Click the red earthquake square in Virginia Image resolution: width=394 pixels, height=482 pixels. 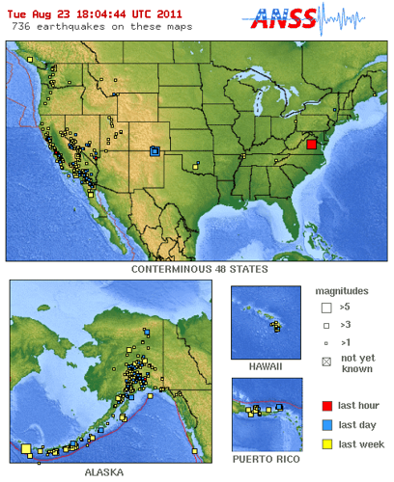click(312, 145)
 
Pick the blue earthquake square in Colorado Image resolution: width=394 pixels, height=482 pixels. click(155, 149)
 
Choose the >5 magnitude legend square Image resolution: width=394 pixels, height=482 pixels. click(324, 308)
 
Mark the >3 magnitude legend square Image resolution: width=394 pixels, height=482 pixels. click(324, 326)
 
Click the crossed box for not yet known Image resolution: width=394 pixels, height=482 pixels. click(324, 362)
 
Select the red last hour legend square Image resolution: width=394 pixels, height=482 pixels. click(324, 406)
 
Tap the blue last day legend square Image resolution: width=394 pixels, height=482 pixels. click(324, 424)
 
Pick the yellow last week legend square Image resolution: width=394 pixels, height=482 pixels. click(324, 442)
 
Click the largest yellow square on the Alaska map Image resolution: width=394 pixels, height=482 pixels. click(26, 448)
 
